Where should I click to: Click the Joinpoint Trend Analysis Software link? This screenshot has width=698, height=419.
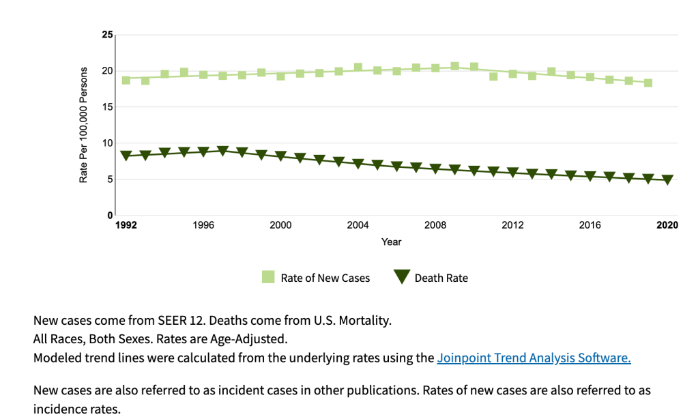534,358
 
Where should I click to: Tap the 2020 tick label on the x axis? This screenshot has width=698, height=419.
667,225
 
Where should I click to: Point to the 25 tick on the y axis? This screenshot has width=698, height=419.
107,35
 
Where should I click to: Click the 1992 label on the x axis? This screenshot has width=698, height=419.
126,225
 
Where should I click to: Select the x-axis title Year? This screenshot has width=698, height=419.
392,242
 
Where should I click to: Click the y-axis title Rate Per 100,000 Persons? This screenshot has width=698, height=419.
84,125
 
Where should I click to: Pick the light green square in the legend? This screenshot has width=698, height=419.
268,277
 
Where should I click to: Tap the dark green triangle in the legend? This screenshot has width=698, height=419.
401,277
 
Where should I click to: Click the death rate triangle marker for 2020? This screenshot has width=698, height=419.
667,180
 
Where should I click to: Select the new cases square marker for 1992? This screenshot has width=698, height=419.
126,80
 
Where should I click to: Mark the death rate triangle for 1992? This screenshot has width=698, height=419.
126,156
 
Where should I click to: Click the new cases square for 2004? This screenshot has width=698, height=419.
358,67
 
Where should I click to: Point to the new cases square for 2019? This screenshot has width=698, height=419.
648,83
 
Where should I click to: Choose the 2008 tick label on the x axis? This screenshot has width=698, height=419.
435,225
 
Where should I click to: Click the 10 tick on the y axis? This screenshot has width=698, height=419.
107,143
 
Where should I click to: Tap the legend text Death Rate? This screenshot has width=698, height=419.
441,278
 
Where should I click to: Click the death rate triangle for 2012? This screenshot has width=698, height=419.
513,173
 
